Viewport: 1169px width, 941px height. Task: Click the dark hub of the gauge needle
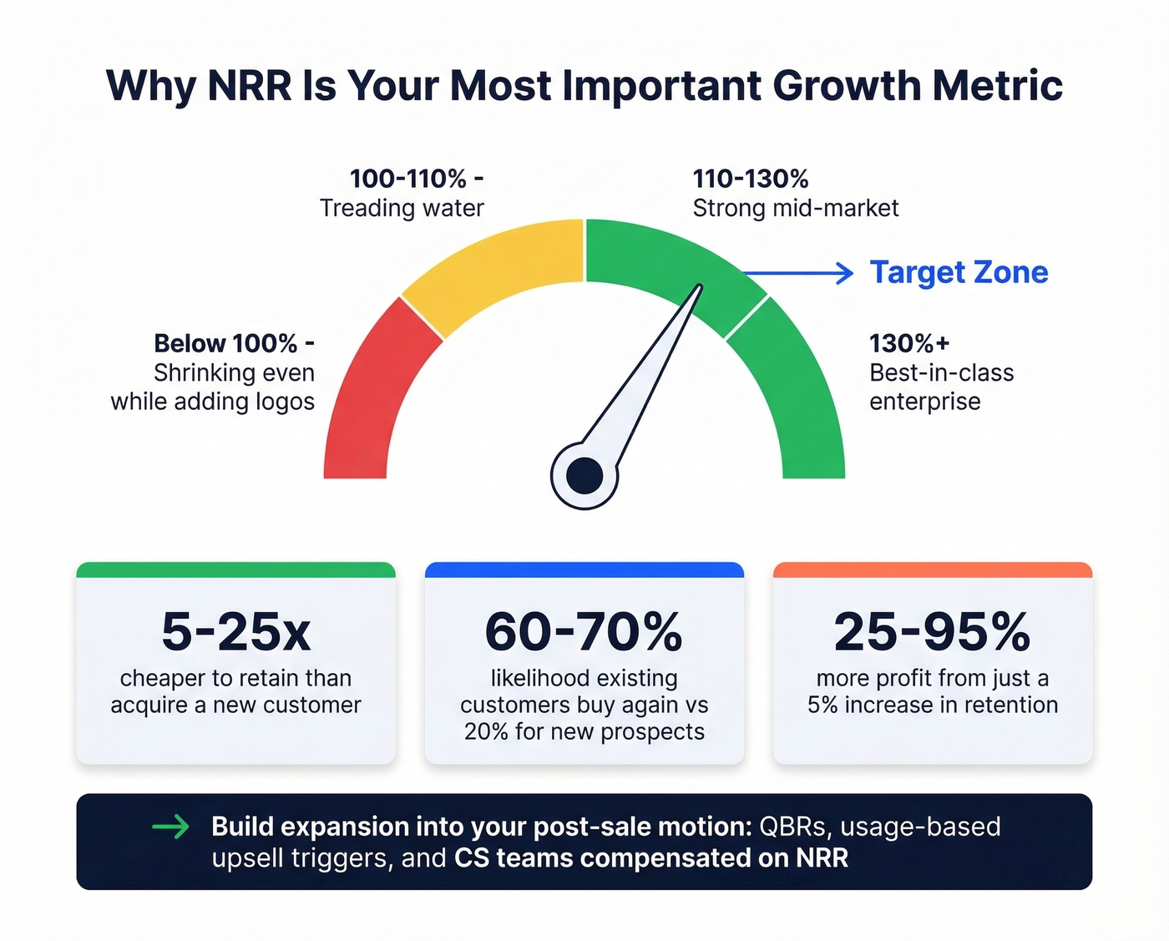(x=584, y=476)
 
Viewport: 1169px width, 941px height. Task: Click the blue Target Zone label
(x=959, y=272)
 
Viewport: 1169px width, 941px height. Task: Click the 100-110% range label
(x=416, y=179)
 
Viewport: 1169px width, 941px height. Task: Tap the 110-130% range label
(x=751, y=179)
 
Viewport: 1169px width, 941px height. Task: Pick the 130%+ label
(x=909, y=343)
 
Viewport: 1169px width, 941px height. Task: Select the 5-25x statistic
(x=235, y=632)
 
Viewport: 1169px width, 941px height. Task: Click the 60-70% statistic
(x=584, y=632)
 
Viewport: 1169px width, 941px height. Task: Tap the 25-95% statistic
(x=932, y=632)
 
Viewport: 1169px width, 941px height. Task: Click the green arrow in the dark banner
(x=171, y=827)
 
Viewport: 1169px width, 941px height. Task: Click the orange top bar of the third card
(x=932, y=570)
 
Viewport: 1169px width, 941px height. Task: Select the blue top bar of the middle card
(x=584, y=570)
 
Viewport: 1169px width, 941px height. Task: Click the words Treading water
(x=402, y=208)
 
